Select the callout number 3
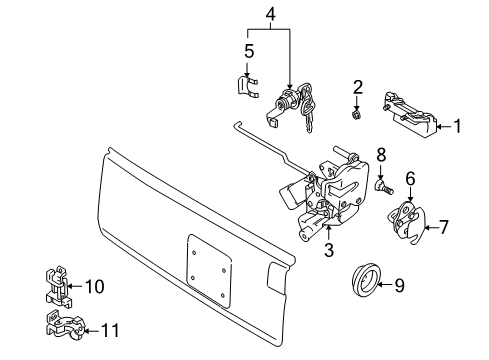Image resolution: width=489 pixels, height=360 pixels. coord(328,250)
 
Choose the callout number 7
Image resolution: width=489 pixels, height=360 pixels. coord(444,226)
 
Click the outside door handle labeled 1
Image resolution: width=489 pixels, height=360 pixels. coord(411,112)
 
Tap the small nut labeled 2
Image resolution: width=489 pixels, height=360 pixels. coord(356,116)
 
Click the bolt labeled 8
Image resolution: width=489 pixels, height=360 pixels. coord(380,185)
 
